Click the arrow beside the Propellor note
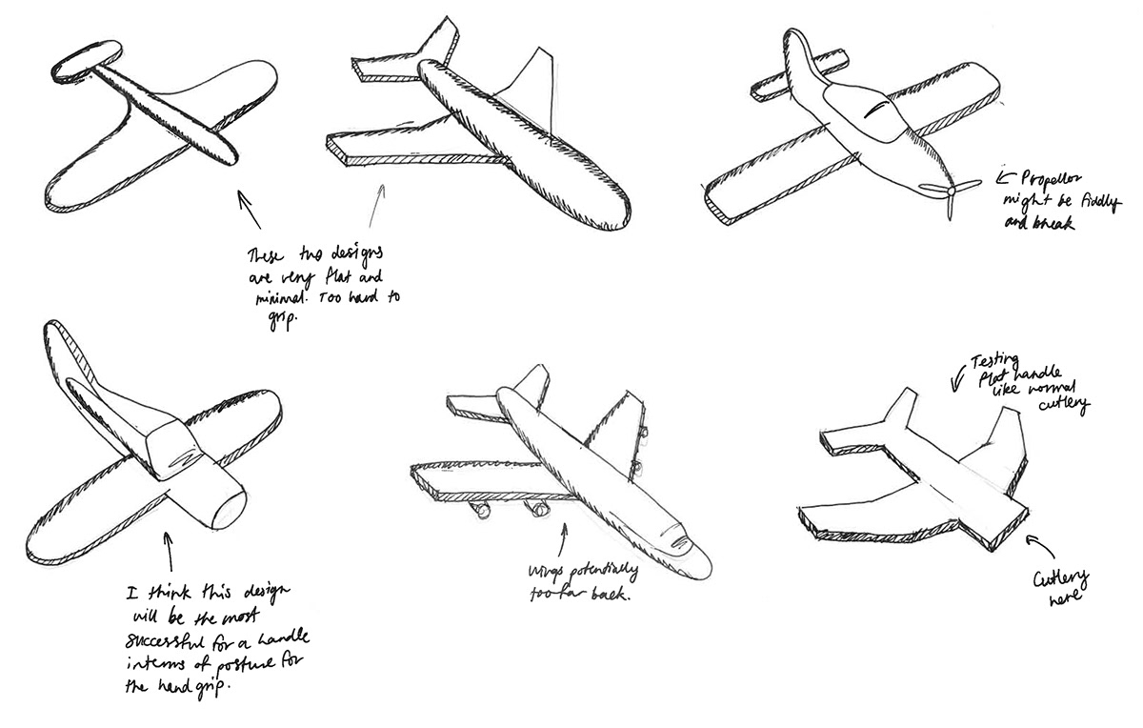tap(1005, 175)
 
